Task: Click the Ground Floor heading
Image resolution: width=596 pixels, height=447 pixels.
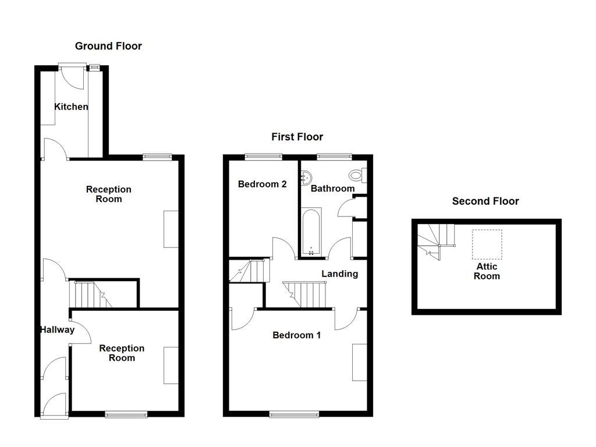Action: click(108, 46)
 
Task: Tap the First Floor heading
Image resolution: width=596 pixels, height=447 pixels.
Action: click(297, 137)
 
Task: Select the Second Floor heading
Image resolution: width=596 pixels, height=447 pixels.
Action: click(485, 201)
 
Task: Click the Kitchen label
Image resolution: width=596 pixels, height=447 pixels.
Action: click(71, 107)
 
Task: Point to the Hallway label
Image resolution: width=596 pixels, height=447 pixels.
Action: click(57, 330)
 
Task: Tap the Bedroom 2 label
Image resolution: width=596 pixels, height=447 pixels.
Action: click(262, 184)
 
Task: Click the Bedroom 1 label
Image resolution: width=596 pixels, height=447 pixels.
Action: click(297, 335)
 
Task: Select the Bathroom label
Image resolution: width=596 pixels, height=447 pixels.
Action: click(332, 189)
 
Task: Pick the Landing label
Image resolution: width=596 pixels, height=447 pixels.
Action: click(340, 274)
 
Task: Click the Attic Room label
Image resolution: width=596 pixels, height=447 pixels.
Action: click(487, 271)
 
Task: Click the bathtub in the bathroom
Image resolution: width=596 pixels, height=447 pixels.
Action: click(311, 233)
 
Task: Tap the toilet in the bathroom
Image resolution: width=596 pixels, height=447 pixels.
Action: click(357, 174)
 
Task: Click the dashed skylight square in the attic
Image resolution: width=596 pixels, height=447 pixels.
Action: click(487, 244)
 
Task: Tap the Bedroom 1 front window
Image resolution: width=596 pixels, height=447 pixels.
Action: click(295, 414)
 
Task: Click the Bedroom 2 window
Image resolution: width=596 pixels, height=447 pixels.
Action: click(263, 156)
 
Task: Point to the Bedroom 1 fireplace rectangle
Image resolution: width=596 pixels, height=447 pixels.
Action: click(360, 362)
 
